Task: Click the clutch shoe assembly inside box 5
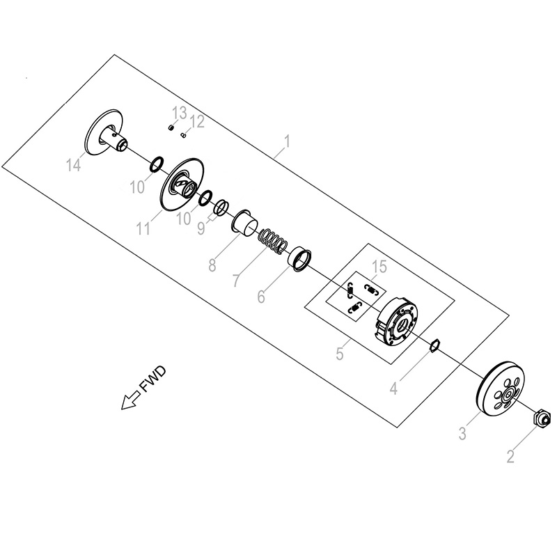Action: [396, 322]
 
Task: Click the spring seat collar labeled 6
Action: [299, 260]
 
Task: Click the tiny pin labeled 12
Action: [184, 135]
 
